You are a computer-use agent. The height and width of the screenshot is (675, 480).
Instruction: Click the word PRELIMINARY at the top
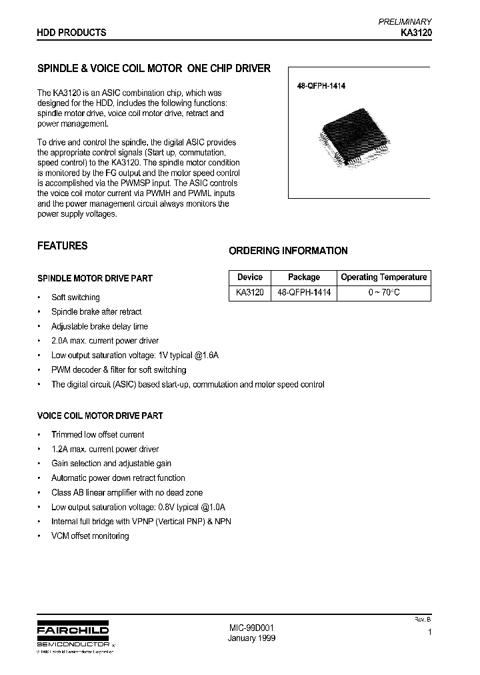[405, 21]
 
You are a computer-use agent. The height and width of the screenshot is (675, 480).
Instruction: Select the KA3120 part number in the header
[416, 32]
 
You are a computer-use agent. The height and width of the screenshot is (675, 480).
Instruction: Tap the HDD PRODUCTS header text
[71, 32]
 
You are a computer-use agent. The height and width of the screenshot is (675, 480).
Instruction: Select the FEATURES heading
[62, 245]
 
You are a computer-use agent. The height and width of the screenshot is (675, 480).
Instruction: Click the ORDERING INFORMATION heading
[288, 251]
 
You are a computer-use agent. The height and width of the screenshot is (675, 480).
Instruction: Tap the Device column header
[249, 277]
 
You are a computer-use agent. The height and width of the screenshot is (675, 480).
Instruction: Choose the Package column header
[303, 277]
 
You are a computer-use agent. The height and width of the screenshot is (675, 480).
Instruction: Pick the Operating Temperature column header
[383, 277]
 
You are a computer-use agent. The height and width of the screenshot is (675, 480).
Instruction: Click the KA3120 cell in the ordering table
[249, 292]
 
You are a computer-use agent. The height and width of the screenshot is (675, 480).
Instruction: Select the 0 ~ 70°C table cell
[383, 292]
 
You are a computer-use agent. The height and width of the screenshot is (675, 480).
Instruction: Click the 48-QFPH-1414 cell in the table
[303, 292]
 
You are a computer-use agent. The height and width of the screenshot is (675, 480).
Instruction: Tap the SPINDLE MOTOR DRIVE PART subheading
[95, 278]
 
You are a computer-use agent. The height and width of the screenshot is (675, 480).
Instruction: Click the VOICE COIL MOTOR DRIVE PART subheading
[100, 416]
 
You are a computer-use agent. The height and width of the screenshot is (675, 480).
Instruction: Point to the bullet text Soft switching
[75, 297]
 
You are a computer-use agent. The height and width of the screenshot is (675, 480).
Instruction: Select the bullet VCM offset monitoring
[90, 536]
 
